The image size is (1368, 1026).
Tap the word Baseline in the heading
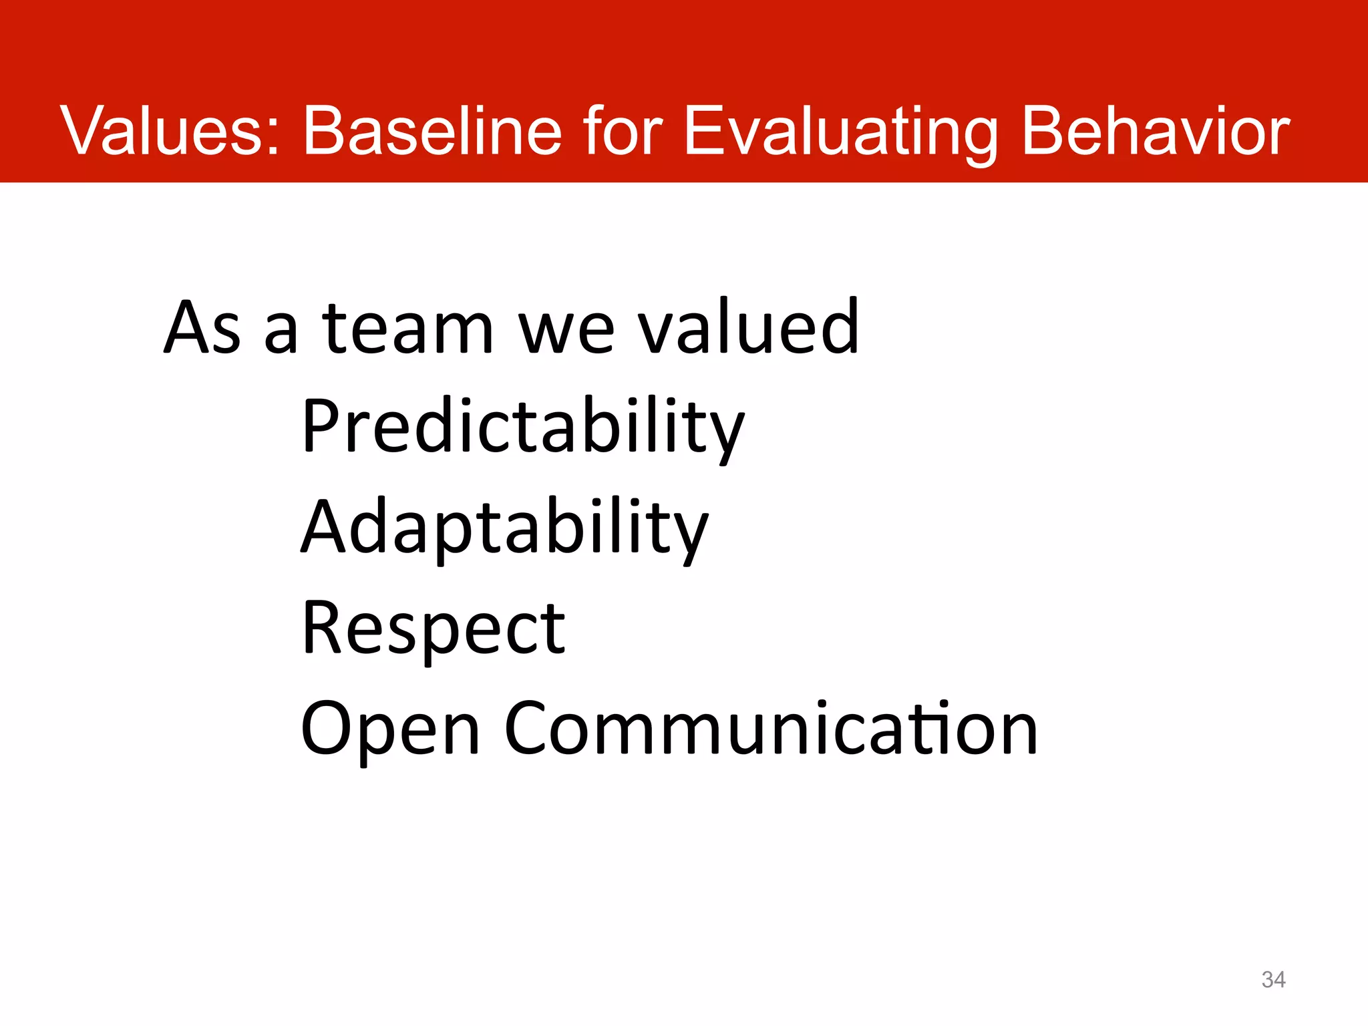432,131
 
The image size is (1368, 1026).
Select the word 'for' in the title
622,131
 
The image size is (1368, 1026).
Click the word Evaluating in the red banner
840,132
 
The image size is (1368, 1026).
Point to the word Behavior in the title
1156,131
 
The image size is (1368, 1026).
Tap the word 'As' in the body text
202,327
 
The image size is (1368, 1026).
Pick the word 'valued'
748,327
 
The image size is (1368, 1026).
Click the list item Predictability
522,427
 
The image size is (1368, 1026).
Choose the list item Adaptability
504,528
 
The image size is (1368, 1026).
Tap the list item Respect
433,629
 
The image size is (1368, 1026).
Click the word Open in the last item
390,729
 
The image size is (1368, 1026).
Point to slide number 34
1273,979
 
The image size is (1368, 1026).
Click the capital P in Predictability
323,425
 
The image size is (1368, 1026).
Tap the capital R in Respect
323,627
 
